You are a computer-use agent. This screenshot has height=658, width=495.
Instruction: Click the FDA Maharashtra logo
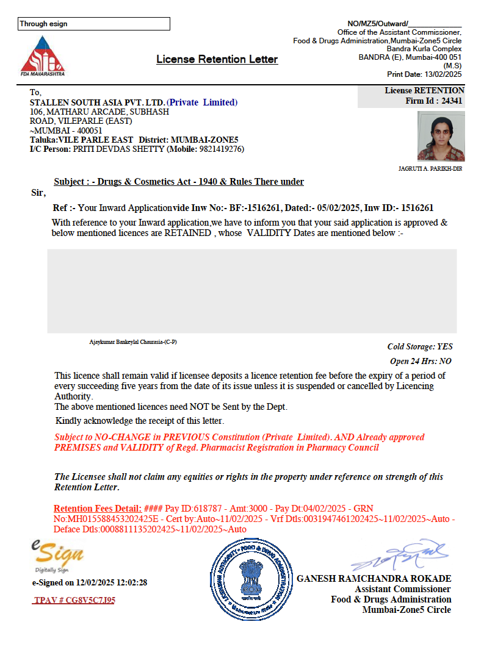tap(42, 55)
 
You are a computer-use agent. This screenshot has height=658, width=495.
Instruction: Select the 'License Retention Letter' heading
tap(217, 59)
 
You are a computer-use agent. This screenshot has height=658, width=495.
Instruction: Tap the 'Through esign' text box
tap(94, 24)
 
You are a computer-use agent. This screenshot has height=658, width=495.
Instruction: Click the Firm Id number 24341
tap(452, 101)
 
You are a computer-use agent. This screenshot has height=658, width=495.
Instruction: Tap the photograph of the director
tap(441, 136)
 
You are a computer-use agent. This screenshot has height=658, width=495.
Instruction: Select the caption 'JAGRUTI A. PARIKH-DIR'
tap(430, 169)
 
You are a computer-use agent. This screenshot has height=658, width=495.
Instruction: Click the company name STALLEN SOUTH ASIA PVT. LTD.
tap(98, 102)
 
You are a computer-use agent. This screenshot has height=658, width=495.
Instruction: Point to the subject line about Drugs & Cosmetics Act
tap(179, 182)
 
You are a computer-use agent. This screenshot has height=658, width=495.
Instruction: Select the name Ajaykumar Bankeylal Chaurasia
tap(133, 342)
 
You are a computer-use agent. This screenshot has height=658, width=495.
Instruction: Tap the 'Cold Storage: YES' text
tap(420, 346)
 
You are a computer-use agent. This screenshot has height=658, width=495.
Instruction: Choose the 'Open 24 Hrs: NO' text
tap(421, 361)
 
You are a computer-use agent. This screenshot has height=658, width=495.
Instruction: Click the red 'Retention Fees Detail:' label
tap(98, 509)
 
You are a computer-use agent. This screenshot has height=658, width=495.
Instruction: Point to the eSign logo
tap(58, 555)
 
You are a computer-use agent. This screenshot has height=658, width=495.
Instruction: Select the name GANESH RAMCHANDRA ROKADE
tap(374, 578)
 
